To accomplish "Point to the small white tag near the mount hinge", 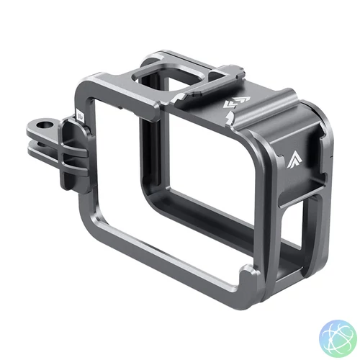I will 78,113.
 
